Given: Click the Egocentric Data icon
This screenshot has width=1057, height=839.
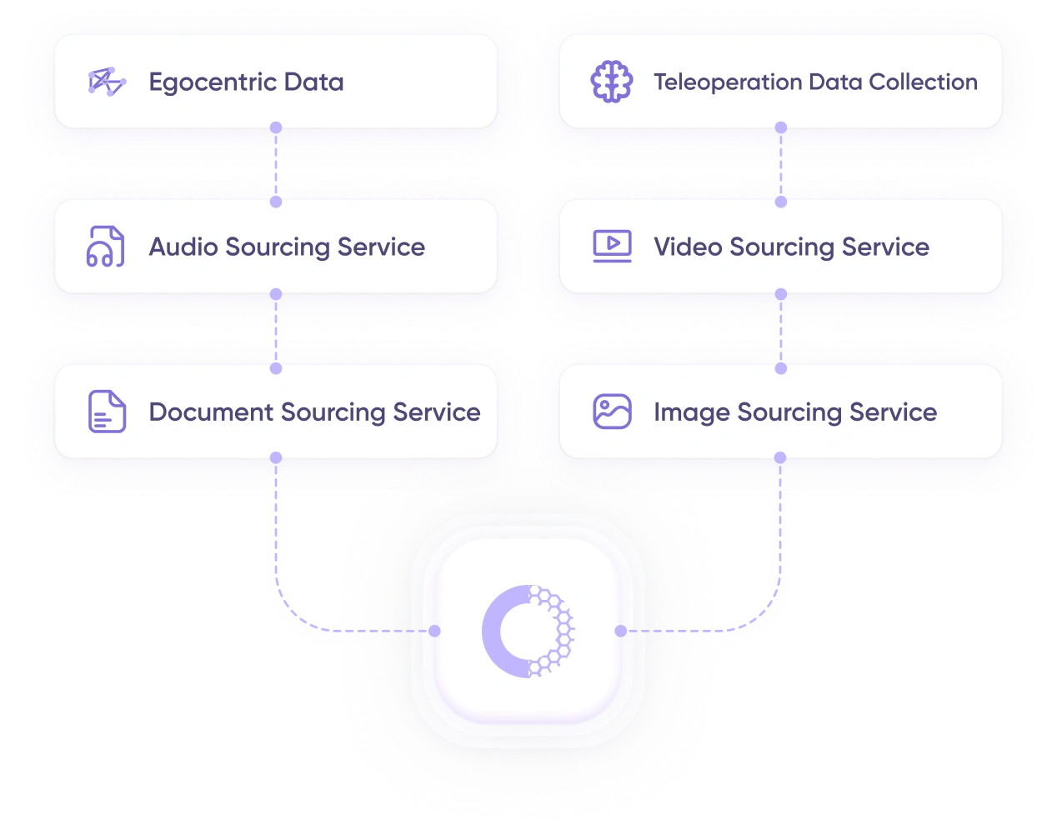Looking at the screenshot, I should coord(107,82).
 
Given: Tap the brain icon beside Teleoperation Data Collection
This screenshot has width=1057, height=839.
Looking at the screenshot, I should coord(611,82).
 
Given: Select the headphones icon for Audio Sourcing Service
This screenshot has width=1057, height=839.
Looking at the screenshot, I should coord(106,247).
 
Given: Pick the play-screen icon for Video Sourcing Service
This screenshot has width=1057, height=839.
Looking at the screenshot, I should coord(612,247).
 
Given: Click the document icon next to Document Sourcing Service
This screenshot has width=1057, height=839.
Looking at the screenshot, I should coord(107,412).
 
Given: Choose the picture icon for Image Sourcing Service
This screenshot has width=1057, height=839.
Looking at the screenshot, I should coord(612,412).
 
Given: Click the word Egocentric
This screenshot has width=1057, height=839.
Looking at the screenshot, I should coord(213,82).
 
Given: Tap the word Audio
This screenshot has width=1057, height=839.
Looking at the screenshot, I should coord(183,247).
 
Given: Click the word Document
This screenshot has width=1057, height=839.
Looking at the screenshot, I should coord(211,412).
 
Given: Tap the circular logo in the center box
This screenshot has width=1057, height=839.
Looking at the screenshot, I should coord(528,631).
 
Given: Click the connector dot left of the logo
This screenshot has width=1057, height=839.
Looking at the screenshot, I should coord(434,631).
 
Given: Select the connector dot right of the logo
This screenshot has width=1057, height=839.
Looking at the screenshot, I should coord(620,631).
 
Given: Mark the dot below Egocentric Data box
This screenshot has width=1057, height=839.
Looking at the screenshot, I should coord(276,127).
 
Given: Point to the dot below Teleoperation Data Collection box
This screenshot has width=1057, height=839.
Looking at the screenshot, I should coord(781,127).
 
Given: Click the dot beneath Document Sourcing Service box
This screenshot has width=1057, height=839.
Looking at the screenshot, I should coord(276,457).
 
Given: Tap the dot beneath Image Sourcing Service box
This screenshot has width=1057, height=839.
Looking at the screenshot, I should coord(780,457).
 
